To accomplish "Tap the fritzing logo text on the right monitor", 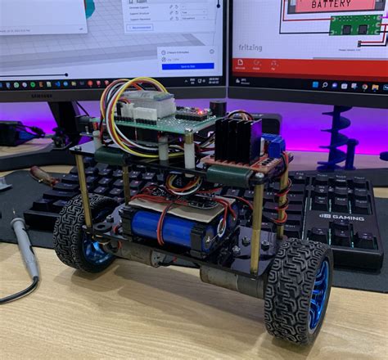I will [x=250, y=47].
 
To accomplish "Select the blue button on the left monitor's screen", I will [x=187, y=65].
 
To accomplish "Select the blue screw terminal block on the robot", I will [x=276, y=147].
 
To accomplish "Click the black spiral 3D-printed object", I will [x=338, y=131].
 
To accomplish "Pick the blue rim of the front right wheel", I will [x=317, y=294].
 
